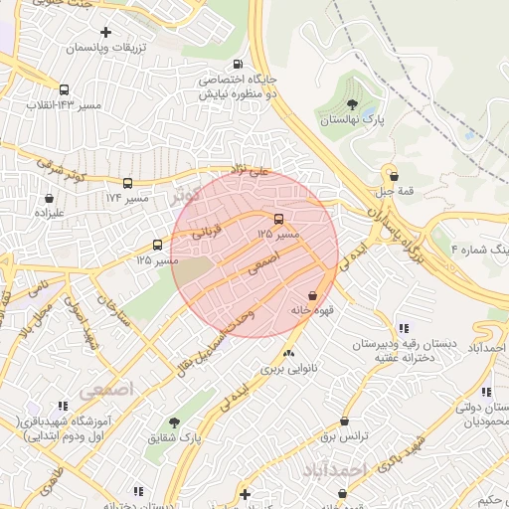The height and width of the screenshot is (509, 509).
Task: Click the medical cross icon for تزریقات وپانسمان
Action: pos(106,33)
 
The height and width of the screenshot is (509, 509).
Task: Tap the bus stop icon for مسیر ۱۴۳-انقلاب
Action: pos(65,89)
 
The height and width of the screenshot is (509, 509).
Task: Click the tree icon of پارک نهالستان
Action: pos(352,102)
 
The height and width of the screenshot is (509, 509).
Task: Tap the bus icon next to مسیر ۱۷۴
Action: pos(127,183)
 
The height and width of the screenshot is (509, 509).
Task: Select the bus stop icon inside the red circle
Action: pos(278,219)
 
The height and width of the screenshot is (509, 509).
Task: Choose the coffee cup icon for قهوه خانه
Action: pos(314,296)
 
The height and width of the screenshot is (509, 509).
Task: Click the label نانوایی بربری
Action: pos(287,368)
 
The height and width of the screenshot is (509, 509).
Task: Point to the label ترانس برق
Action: pos(344,436)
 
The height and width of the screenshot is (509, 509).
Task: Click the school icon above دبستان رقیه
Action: pos(403,328)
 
